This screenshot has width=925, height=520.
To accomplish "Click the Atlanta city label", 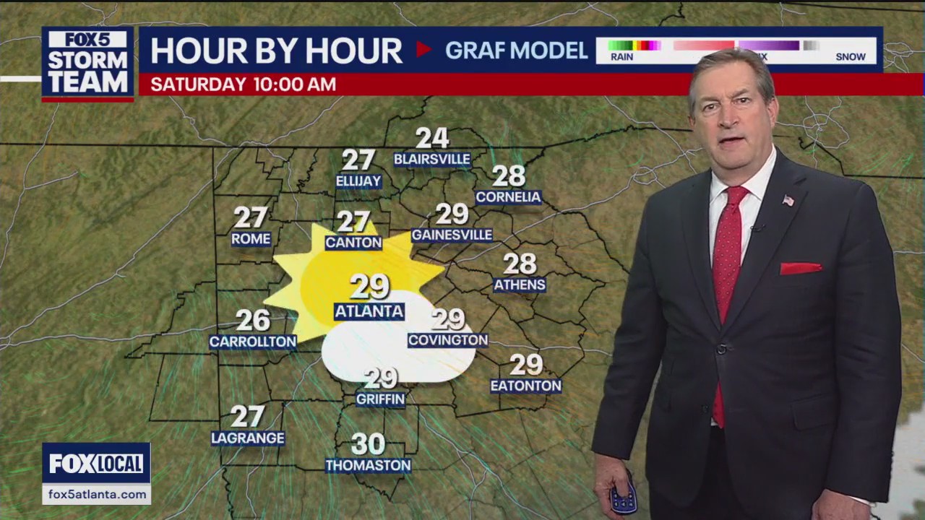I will pos(369,311).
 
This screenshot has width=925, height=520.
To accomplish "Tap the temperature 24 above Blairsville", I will pos(432,138).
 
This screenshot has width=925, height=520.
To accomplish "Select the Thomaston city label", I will pos(368,466).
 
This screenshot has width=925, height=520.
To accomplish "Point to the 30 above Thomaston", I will pos(368,443).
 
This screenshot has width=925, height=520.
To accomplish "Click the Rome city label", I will pos(251,239).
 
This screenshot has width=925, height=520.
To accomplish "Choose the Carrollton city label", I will pos(253,342).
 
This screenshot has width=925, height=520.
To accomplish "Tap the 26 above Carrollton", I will pos(253,320).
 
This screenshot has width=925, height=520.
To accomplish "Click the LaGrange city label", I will pos(248,438).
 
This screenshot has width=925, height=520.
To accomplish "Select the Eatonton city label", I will pos(525,386).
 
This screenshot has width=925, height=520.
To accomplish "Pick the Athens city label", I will pos(520,285).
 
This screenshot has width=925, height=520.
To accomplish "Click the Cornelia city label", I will pos(508,197).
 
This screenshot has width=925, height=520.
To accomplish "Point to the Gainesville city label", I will pos(452,235).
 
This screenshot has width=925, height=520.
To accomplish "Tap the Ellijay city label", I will pos(358,181).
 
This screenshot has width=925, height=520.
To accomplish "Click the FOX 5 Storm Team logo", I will pos(87,64).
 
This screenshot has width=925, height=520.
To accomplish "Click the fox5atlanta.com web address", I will pos(96,495).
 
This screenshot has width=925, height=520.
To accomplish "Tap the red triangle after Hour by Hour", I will pos(423,50).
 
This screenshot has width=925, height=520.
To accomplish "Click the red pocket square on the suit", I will pos(801,268).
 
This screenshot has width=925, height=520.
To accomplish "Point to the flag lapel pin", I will pos(788,200).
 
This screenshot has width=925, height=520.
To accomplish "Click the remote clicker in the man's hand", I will pos(623,498).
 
